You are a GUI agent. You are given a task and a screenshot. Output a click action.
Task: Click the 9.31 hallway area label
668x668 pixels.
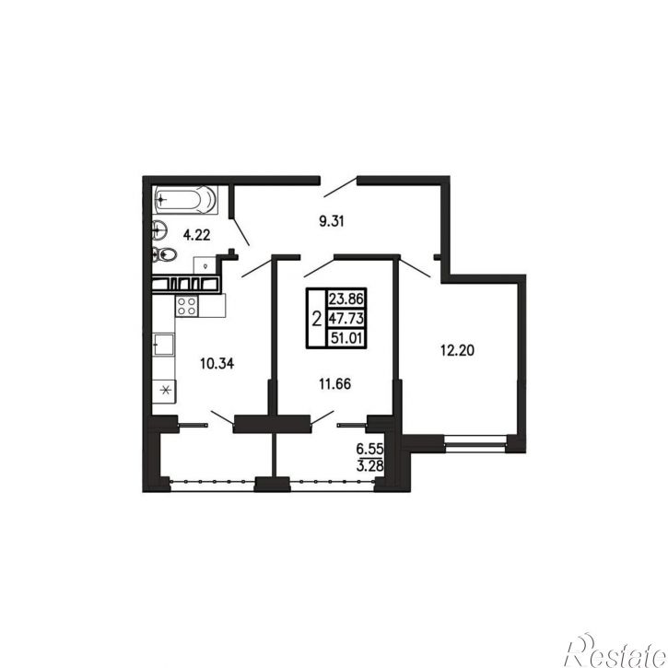tap(332, 221)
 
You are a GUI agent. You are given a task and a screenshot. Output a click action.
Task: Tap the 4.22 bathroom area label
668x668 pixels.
tap(196, 235)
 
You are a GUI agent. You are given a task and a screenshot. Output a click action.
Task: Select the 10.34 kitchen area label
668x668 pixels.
tap(217, 364)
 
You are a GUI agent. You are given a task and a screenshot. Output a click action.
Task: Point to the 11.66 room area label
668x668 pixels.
tap(334, 384)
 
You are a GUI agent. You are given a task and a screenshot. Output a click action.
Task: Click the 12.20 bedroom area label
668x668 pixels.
tap(457, 351)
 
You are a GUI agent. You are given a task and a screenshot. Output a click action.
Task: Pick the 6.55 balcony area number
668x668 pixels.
tap(369, 449)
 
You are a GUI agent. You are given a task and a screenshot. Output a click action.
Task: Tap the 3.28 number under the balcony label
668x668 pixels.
tap(369, 465)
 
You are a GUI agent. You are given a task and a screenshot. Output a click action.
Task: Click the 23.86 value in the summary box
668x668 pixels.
tap(346, 299)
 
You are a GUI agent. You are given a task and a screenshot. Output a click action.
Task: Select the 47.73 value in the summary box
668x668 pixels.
tap(346, 318)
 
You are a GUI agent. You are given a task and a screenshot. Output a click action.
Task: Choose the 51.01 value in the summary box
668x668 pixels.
tap(346, 338)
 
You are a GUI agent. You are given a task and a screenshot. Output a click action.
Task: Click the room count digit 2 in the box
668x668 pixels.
tap(317, 319)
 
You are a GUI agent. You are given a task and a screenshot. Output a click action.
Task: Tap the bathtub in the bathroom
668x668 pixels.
tap(186, 199)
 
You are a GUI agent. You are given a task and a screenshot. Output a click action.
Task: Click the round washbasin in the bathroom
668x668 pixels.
tap(158, 231)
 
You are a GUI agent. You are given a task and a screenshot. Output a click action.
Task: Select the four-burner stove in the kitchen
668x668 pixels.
tap(187, 306)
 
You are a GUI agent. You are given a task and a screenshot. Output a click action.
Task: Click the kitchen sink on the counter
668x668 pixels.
tap(164, 345)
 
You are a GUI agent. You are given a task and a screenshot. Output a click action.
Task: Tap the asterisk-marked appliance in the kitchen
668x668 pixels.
tap(164, 391)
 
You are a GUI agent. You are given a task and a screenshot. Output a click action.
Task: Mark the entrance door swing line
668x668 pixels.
tap(340, 187)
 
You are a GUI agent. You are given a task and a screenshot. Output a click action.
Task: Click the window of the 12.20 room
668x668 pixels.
tap(475, 443)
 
